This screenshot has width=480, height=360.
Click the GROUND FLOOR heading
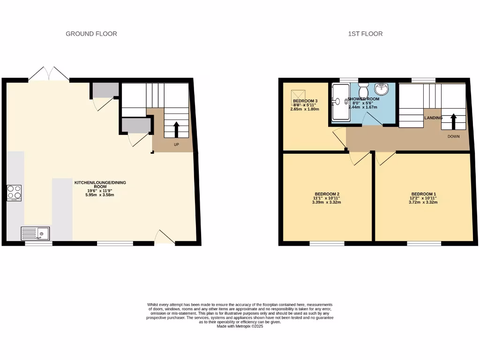[x=91, y=34]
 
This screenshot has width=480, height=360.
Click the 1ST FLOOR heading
[x=365, y=34]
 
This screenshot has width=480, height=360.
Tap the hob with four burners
[x=14, y=193]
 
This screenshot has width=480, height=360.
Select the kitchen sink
[x=35, y=233]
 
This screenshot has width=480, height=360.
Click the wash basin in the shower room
[x=382, y=89]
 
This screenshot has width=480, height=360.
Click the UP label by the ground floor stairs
[x=177, y=144]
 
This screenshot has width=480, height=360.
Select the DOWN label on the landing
[x=453, y=136]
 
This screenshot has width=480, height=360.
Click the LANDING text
[x=433, y=118]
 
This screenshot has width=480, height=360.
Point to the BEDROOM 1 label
[x=424, y=194]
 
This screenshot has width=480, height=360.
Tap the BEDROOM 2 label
[x=327, y=194]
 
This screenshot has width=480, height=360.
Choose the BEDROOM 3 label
[x=305, y=101]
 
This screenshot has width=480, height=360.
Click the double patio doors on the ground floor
[x=49, y=75]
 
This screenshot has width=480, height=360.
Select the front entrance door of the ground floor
[x=164, y=238]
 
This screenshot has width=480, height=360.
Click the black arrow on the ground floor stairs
[x=177, y=129]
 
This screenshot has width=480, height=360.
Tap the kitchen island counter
[x=62, y=209]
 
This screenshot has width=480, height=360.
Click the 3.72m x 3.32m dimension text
[x=424, y=202]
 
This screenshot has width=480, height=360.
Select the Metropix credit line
[x=240, y=326]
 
